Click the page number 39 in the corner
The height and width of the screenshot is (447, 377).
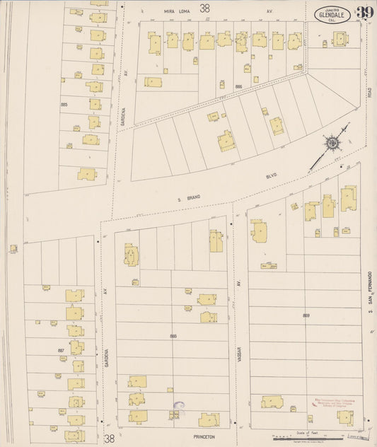[x=364, y=13]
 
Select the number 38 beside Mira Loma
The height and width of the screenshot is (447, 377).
[x=205, y=8]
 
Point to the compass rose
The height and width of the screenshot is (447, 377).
[x=332, y=144]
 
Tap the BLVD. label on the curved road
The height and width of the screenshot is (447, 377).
[x=272, y=174]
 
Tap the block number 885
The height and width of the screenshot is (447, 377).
[x=64, y=105]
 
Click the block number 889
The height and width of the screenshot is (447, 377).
[x=306, y=315]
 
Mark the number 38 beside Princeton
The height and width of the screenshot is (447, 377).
[x=110, y=439]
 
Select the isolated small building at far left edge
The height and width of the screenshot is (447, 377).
[x=13, y=248]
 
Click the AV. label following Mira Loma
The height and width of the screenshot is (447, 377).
[x=269, y=11]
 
